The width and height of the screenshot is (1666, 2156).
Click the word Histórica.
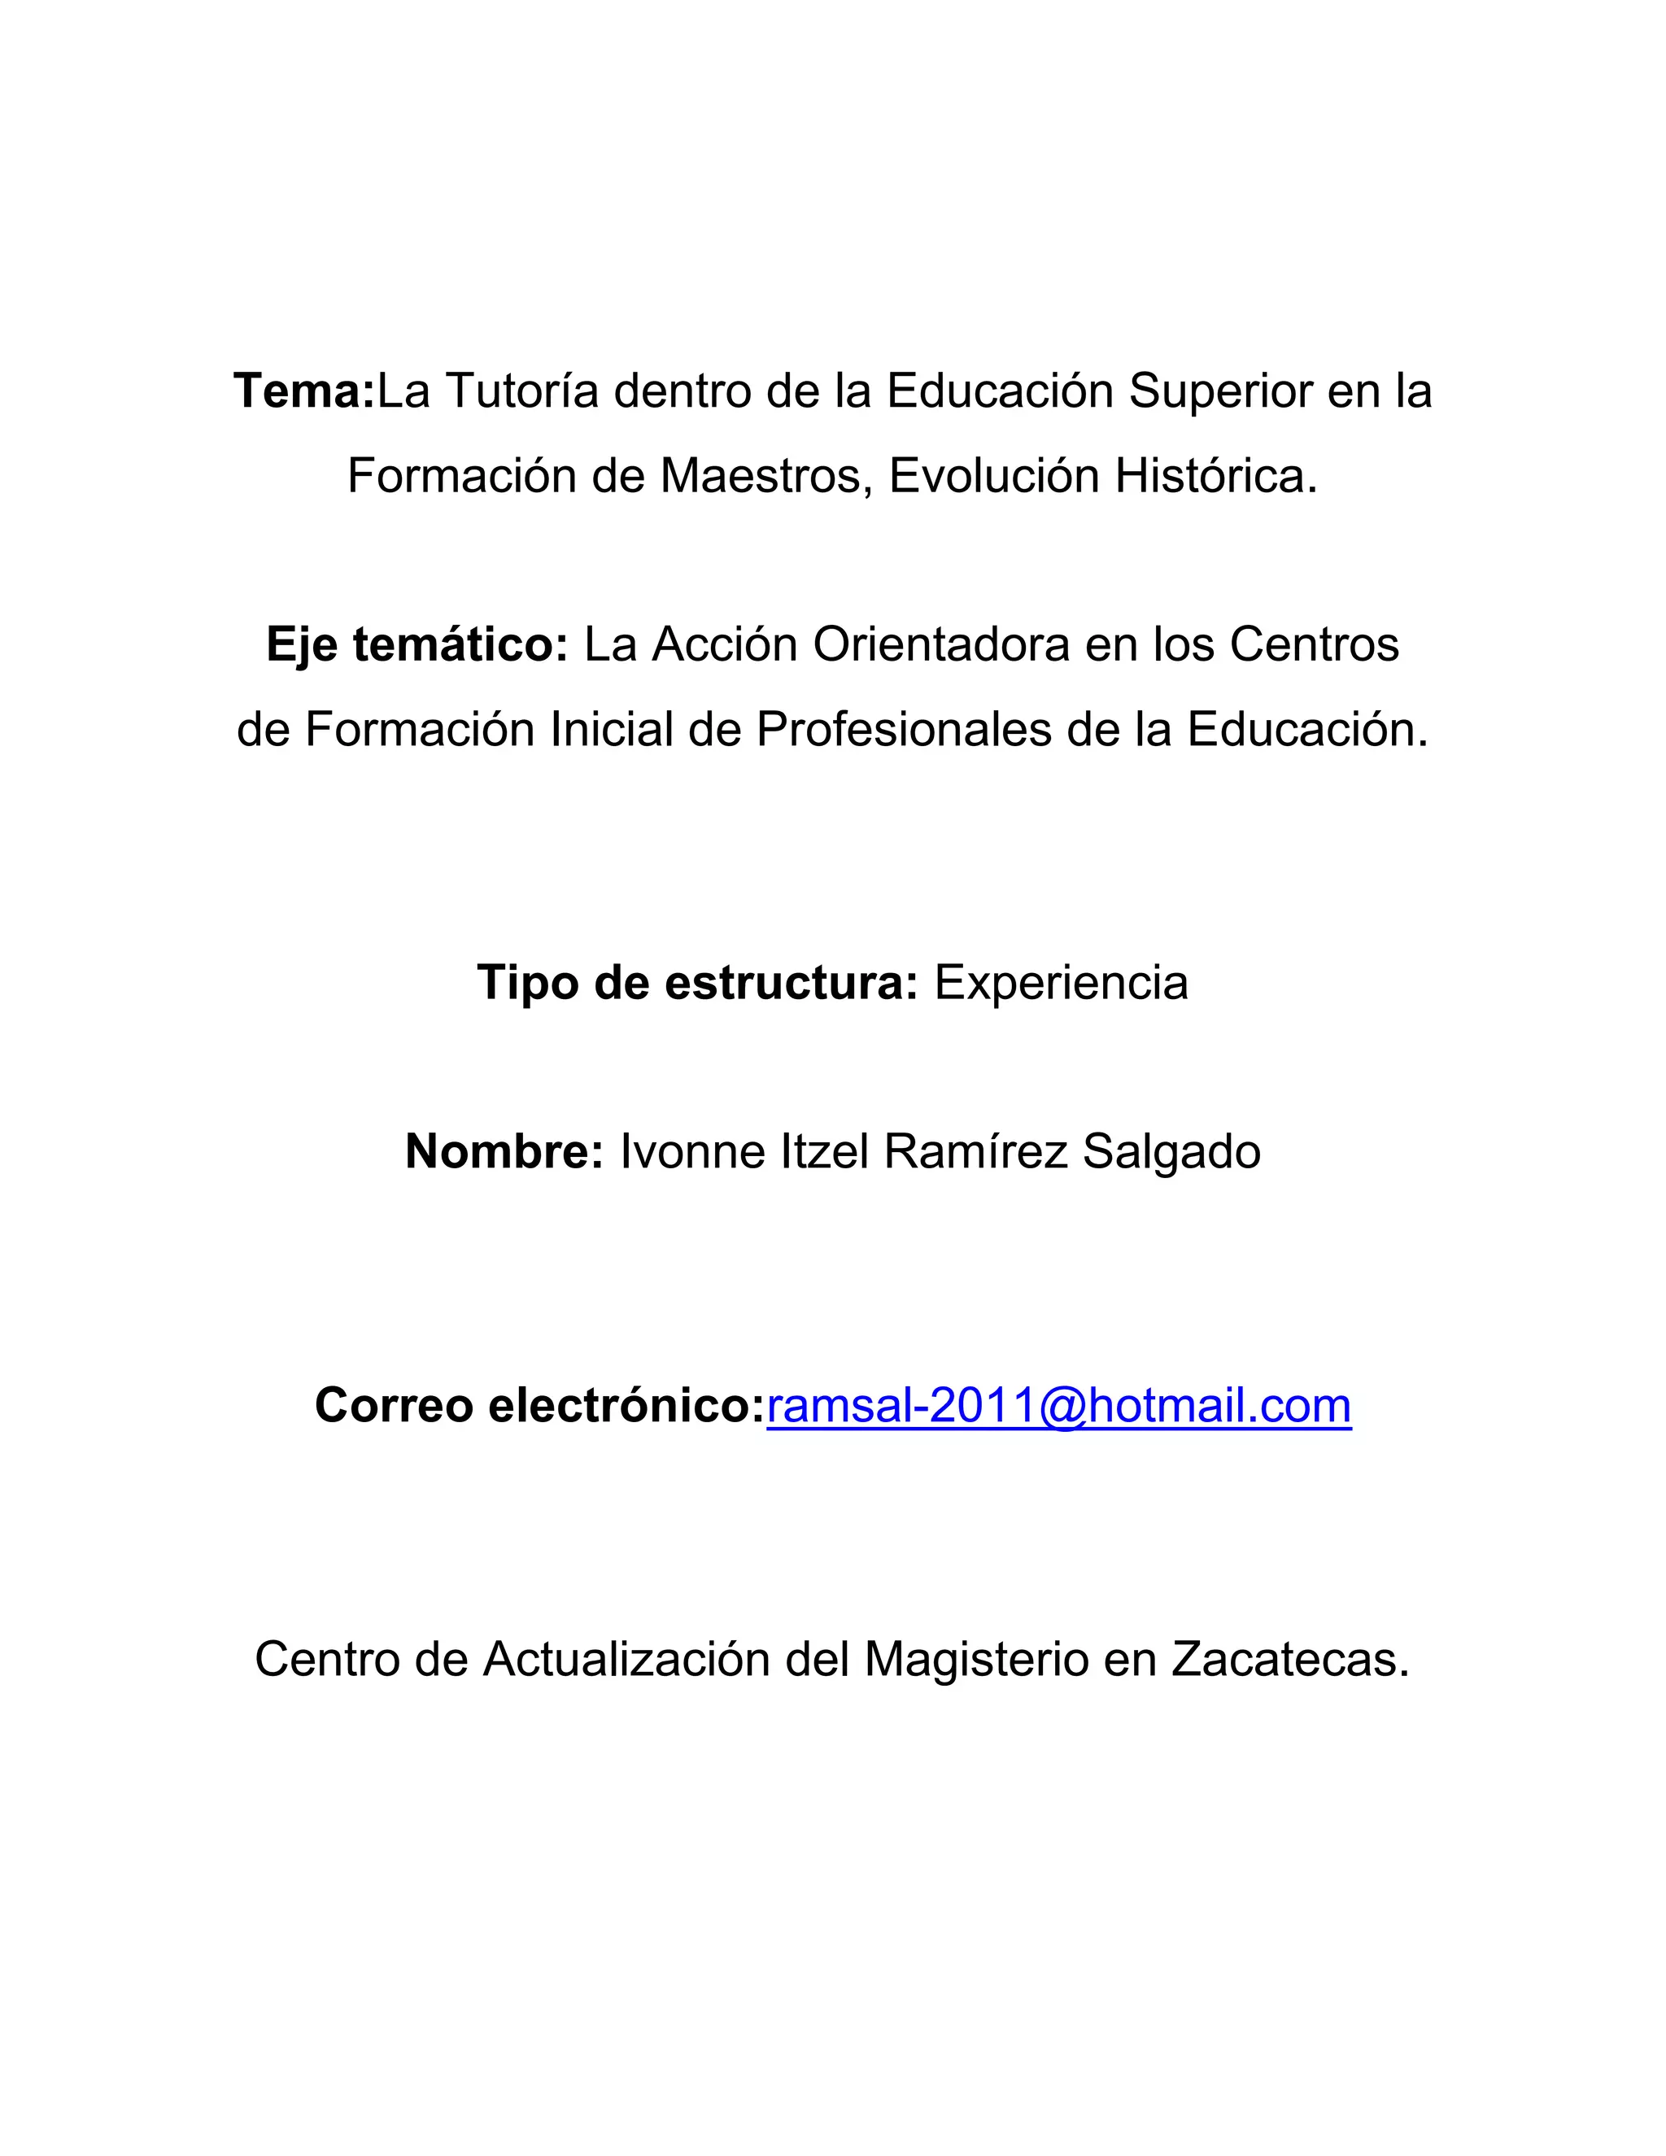1216,476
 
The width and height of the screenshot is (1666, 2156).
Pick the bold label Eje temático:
416,646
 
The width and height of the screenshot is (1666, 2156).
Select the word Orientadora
940,646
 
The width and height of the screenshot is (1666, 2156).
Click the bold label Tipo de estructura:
698,984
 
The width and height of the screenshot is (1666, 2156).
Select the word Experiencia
1061,984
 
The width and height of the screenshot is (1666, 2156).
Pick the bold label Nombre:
504,1152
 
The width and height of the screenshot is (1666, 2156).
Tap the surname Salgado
1171,1152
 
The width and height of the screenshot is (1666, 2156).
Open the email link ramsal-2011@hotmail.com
1059,1406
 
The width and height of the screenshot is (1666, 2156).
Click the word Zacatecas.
1290,1660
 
